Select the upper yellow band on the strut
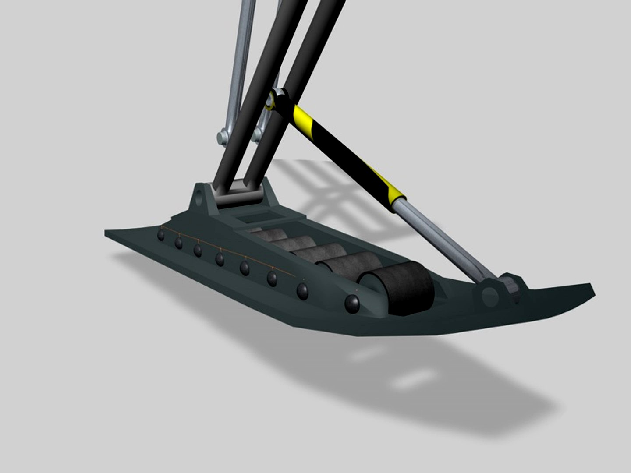[x=302, y=116]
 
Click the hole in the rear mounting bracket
[x=201, y=195]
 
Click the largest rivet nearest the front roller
[x=352, y=302]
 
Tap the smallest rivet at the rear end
[x=161, y=235]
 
